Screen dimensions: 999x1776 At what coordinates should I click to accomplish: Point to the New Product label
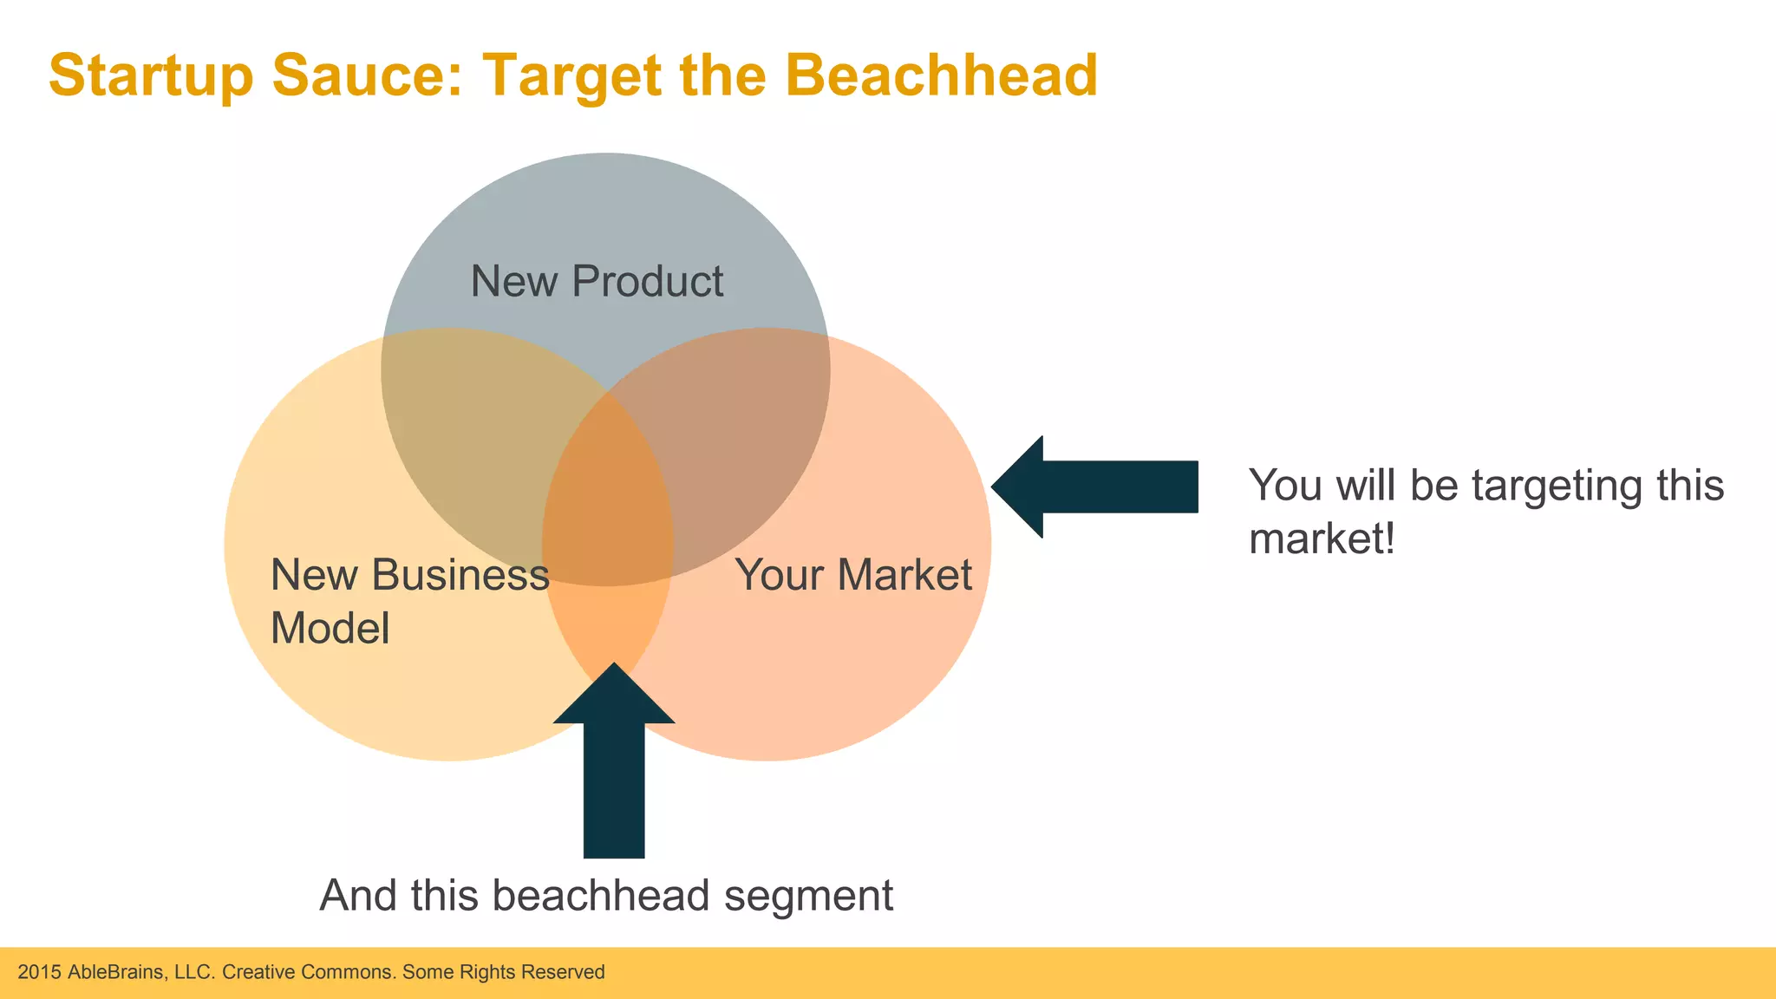[x=597, y=281]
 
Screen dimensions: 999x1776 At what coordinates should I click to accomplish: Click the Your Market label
[x=853, y=575]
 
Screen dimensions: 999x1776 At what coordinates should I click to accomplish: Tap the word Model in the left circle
[x=330, y=628]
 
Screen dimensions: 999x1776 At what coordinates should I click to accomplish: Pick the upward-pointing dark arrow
[x=614, y=763]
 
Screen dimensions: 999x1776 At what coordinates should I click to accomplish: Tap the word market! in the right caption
[x=1322, y=539]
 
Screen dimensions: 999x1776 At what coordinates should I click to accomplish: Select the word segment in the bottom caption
[x=808, y=897]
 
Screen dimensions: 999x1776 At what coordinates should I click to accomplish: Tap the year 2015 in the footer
[x=39, y=972]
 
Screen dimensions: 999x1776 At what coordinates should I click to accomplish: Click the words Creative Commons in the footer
[x=309, y=972]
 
